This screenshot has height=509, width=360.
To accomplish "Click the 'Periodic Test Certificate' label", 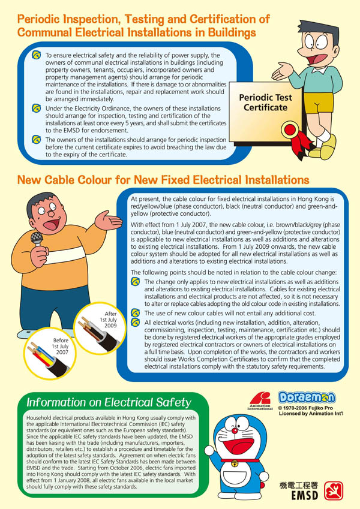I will point(265,102).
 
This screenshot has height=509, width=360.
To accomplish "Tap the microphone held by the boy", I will point(37,240).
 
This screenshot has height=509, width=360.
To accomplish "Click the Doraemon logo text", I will point(307,396).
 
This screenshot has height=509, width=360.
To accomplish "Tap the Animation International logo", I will point(263,399).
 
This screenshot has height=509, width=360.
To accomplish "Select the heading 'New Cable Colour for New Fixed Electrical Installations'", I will point(163,179).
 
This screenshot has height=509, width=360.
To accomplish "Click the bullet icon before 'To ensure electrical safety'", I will point(36,55).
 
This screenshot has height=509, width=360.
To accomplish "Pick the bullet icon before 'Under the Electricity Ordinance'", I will point(36,109).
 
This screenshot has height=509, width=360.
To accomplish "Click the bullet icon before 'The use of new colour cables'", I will point(135,312).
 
